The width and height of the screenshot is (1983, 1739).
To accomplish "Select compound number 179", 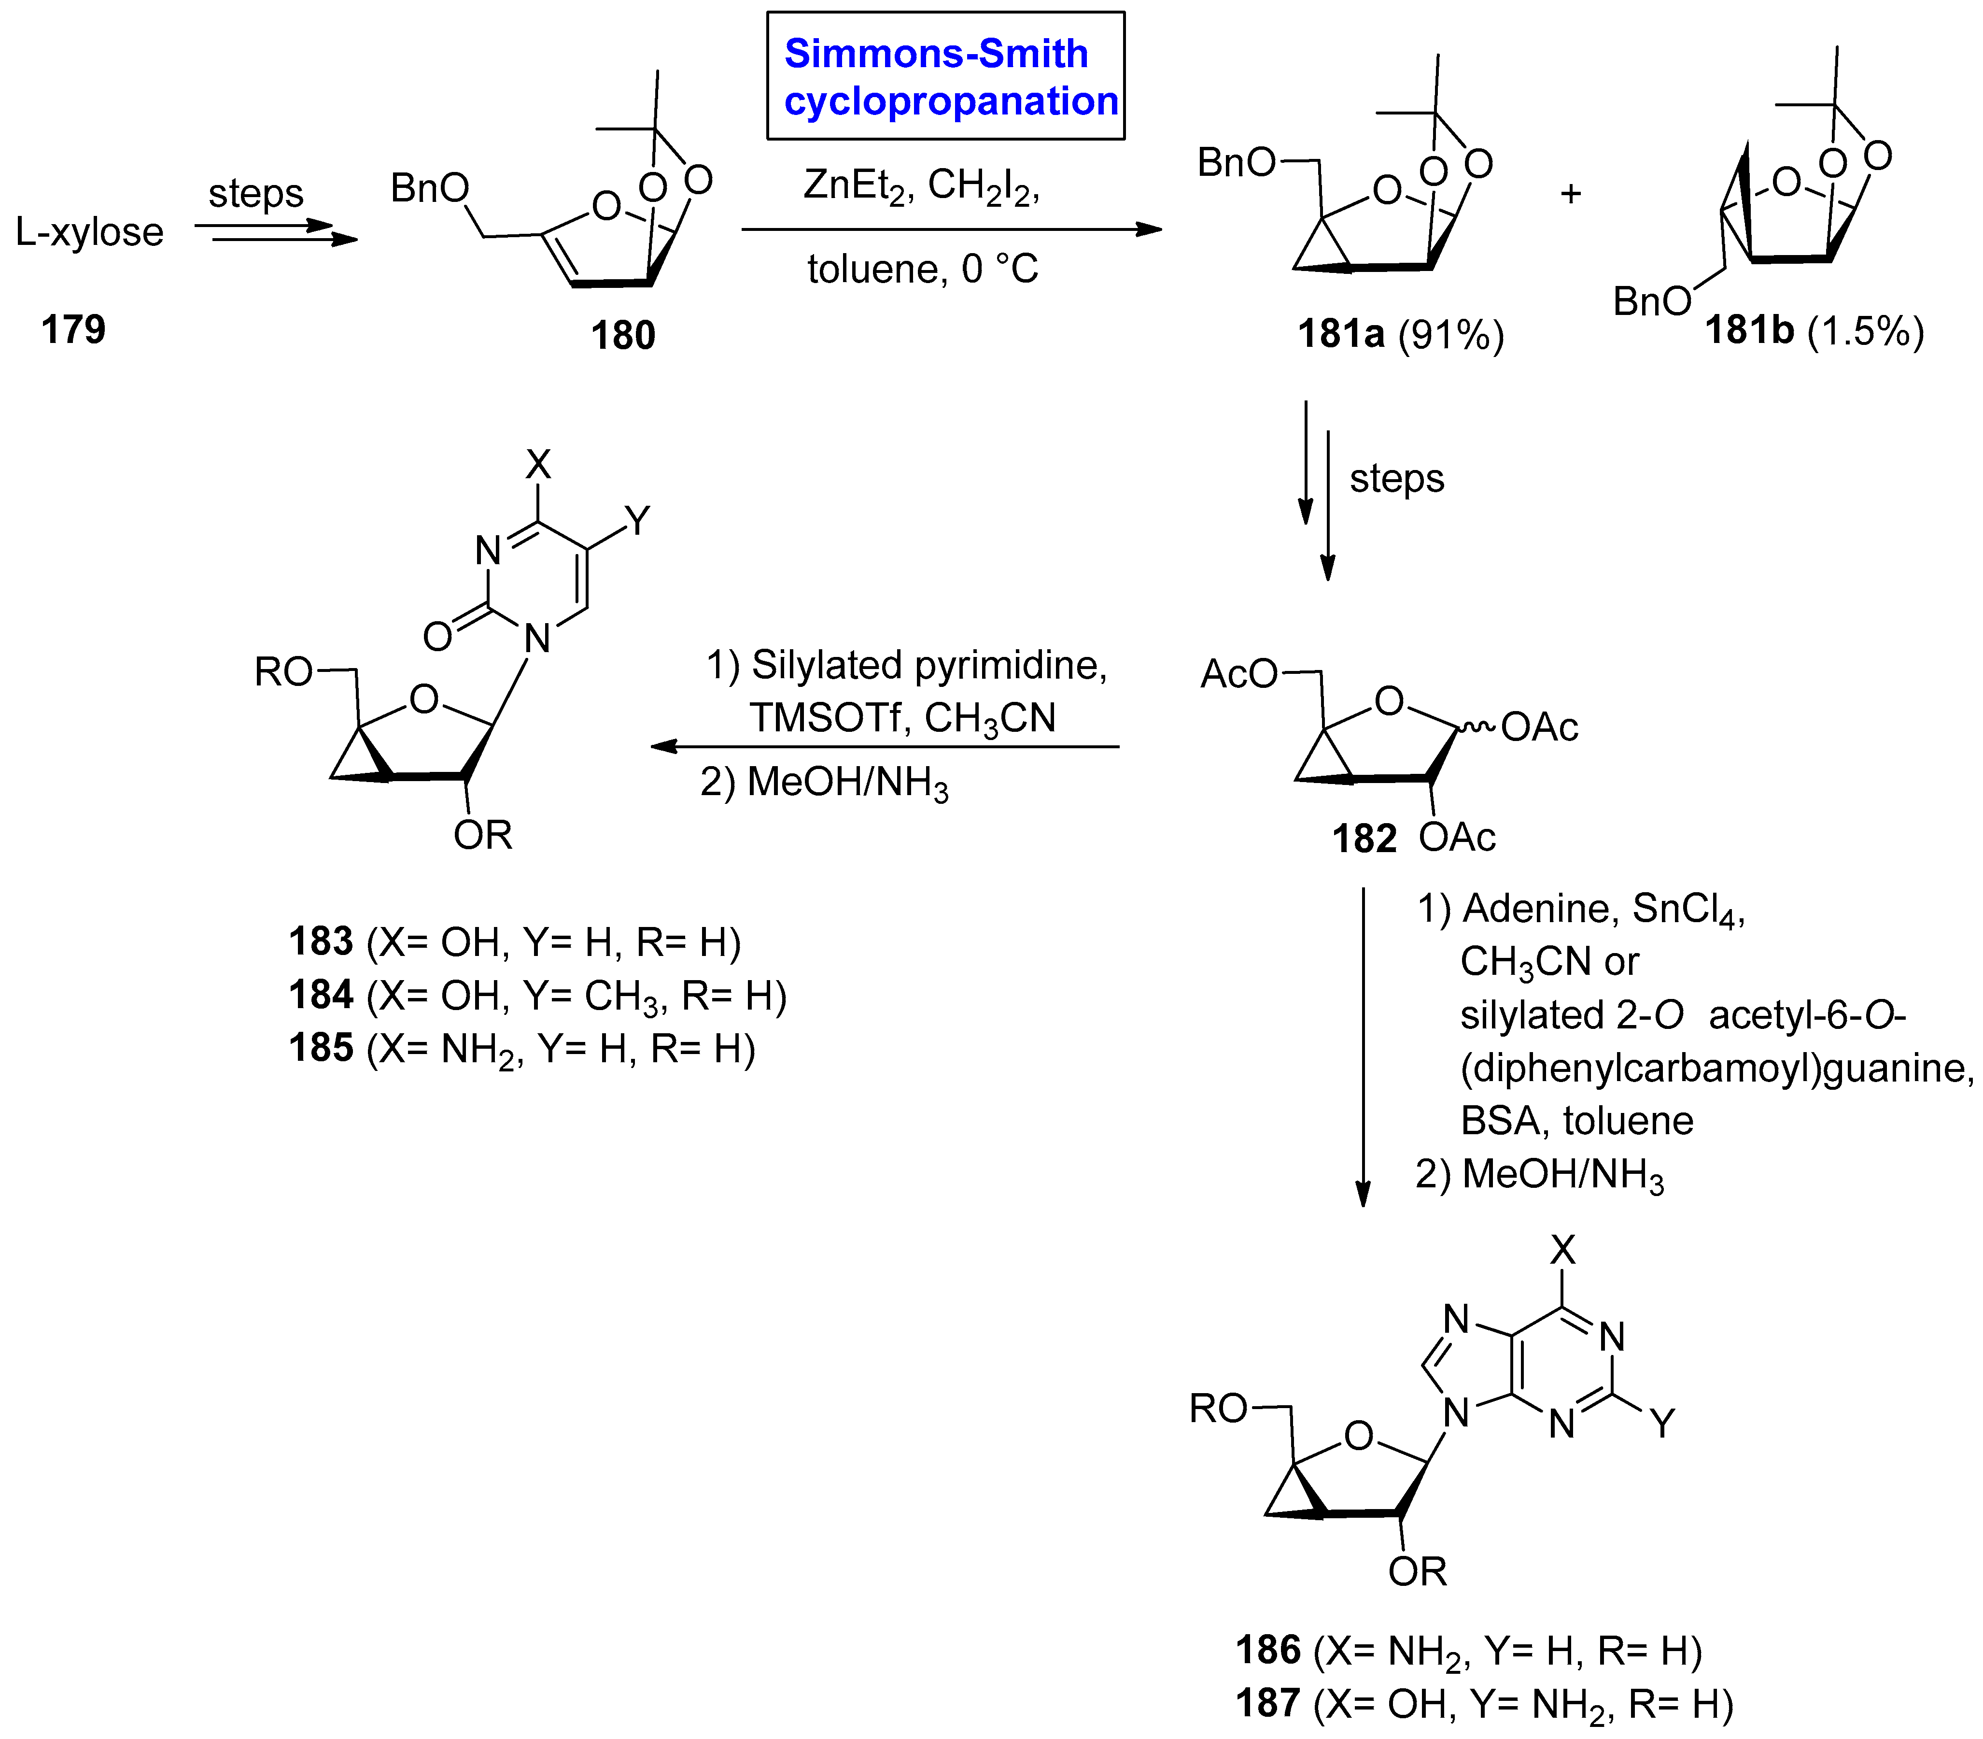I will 73,330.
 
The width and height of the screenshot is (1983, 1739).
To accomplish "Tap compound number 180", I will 623,336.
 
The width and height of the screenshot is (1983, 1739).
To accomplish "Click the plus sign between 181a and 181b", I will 1571,194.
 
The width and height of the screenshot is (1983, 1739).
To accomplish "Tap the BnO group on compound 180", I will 430,188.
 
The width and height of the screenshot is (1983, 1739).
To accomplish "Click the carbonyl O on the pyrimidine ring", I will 437,637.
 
